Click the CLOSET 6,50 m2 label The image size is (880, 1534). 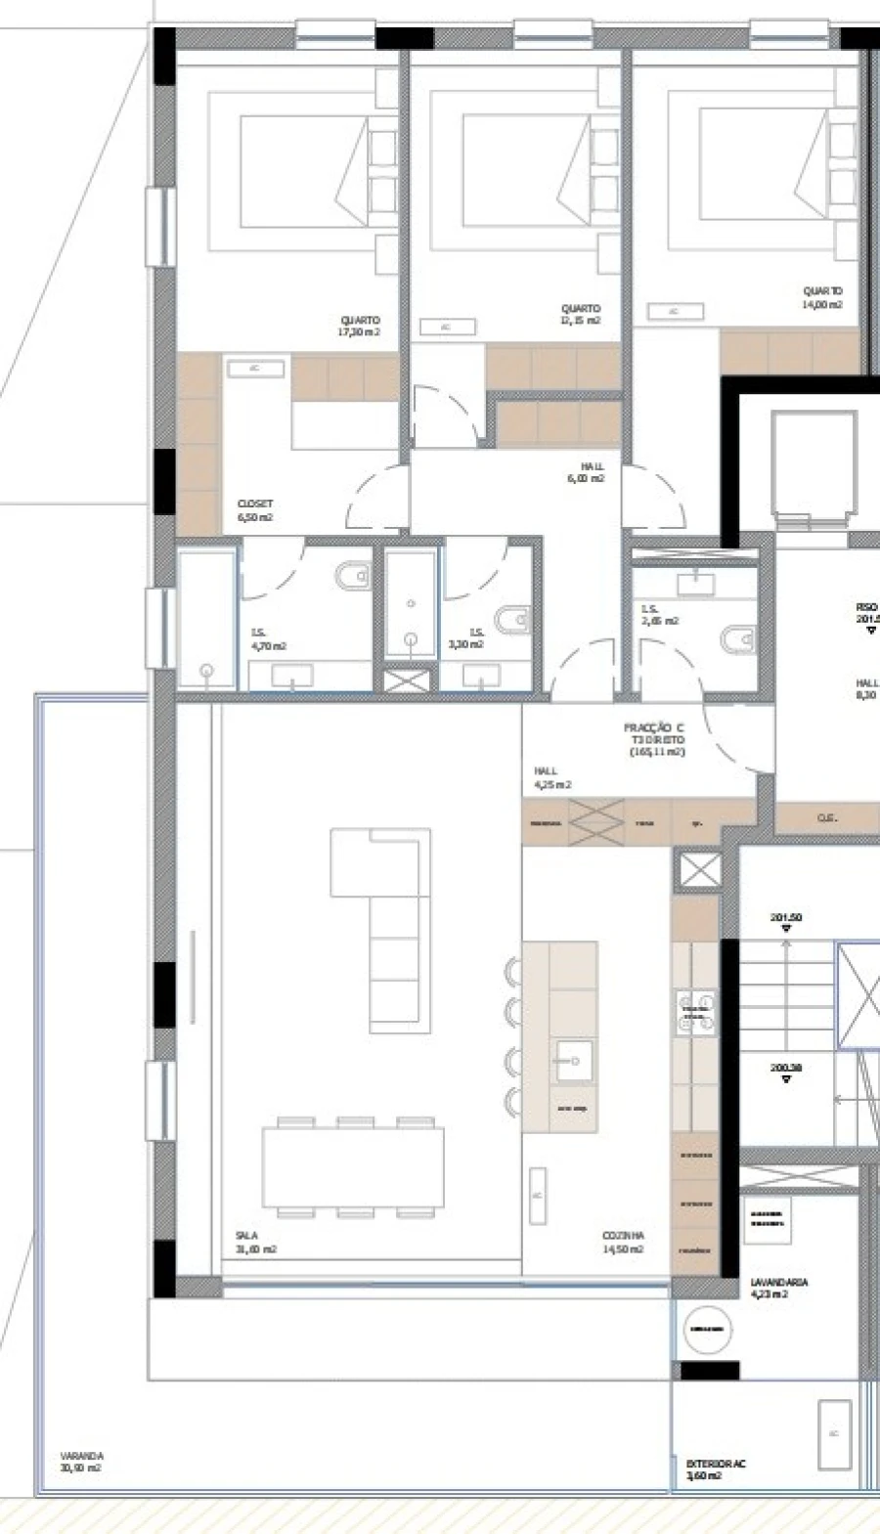(255, 510)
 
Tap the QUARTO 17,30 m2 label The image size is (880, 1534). (360, 326)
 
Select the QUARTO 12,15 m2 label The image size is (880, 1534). (581, 314)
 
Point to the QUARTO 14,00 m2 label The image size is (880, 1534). (822, 297)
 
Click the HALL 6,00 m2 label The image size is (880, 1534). (586, 472)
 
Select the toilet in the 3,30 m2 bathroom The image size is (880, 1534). (514, 620)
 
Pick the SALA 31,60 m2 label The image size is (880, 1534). (255, 1242)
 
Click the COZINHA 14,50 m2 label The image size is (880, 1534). (623, 1242)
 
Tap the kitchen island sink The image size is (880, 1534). (574, 1060)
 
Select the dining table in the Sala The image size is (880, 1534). (353, 1167)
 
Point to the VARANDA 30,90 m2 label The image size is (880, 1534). (81, 1462)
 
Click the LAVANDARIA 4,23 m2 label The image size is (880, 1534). (778, 1287)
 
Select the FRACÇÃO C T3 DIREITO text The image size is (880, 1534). (654, 734)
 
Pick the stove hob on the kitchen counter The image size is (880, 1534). (695, 1012)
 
